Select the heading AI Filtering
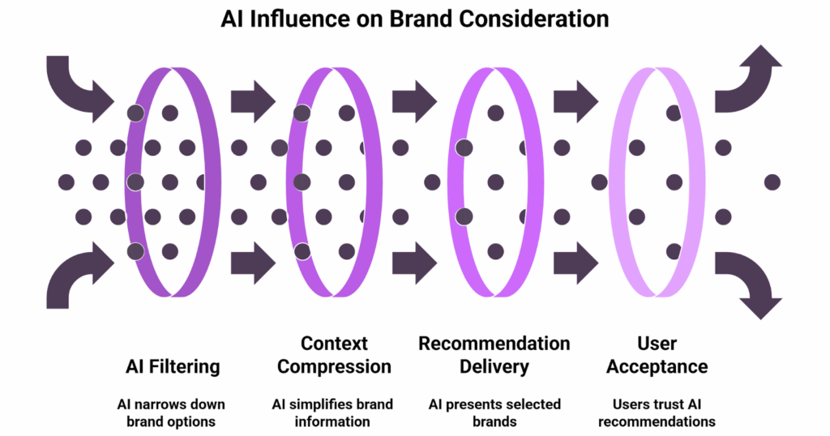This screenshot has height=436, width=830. pyautogui.click(x=173, y=366)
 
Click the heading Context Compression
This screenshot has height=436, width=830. pyautogui.click(x=334, y=355)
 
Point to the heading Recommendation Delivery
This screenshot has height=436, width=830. pyautogui.click(x=494, y=355)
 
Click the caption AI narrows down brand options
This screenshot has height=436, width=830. pyautogui.click(x=173, y=412)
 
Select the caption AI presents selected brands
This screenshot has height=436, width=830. pyautogui.click(x=494, y=412)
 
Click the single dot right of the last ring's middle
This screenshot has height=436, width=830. pyautogui.click(x=772, y=182)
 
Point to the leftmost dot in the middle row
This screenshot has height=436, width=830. pyautogui.click(x=66, y=182)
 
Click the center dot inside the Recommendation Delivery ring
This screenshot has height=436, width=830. pyautogui.click(x=494, y=182)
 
